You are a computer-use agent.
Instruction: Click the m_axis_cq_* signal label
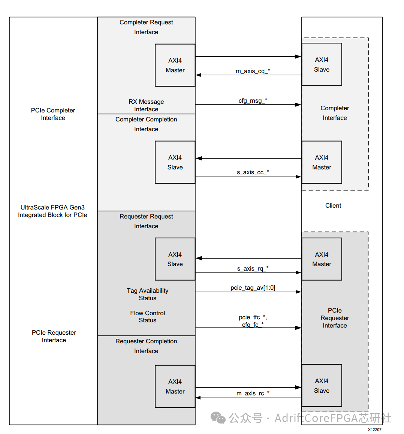[253, 71]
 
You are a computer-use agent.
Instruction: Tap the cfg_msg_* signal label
[253, 100]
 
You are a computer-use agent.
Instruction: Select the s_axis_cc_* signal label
[253, 172]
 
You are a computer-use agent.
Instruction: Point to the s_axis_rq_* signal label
[253, 268]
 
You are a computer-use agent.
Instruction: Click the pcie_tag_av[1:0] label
[253, 287]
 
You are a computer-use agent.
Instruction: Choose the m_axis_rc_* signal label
[253, 393]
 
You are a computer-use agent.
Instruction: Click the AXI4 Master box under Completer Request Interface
[175, 65]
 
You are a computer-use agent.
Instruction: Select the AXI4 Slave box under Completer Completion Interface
[175, 162]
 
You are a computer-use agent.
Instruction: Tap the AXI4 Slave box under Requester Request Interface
[175, 259]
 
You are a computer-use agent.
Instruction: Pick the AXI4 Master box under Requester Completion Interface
[175, 386]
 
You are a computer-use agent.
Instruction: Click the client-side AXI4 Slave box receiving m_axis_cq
[322, 64]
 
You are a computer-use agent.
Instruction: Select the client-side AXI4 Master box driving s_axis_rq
[322, 259]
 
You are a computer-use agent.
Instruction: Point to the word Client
[333, 205]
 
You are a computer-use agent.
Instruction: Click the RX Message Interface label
[146, 105]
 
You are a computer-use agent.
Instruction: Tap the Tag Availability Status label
[147, 294]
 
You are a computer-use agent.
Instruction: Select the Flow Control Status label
[147, 317]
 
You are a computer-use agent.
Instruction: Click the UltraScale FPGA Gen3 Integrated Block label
[52, 211]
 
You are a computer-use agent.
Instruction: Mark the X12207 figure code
[374, 430]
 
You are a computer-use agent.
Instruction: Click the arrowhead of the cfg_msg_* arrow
[298, 105]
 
